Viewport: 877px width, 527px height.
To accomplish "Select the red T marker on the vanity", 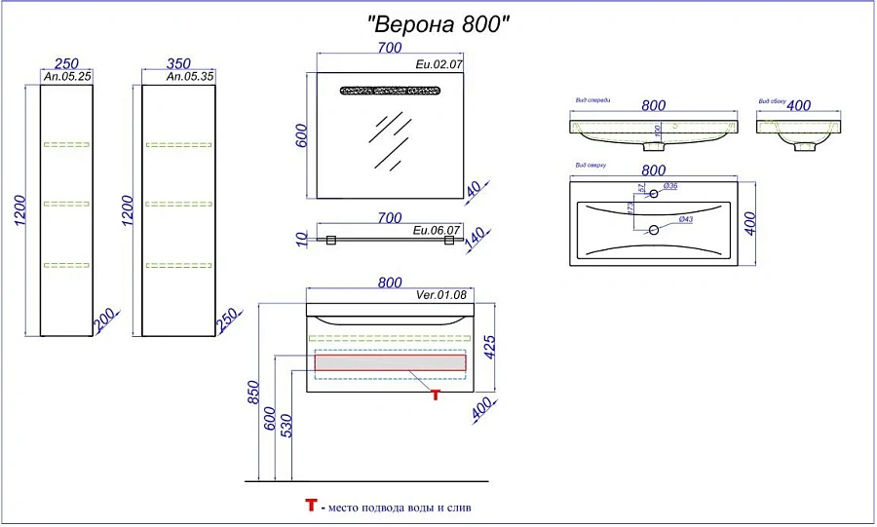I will tap(436, 395).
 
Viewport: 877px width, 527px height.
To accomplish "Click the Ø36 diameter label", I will tap(670, 186).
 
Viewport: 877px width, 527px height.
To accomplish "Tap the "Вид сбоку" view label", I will tap(772, 101).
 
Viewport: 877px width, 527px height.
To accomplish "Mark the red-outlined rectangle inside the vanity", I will tap(390, 362).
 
